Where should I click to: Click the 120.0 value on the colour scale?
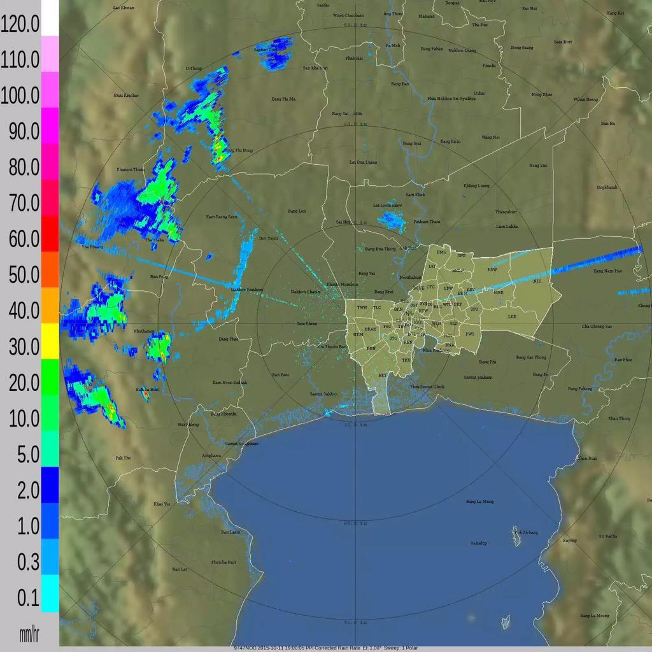[20, 24]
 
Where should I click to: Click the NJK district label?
[537, 281]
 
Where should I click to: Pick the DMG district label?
[441, 252]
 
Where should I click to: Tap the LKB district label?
[512, 316]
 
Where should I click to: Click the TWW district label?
[362, 308]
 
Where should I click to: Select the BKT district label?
[383, 376]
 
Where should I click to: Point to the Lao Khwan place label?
[124, 8]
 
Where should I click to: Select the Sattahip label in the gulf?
[478, 543]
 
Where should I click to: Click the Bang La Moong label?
[595, 616]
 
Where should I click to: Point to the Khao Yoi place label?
[162, 504]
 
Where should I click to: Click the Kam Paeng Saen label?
[222, 217]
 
